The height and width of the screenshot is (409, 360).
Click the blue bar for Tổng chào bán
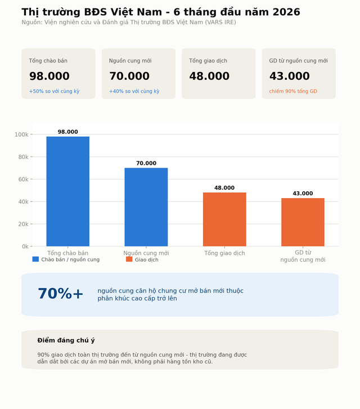coord(68,191)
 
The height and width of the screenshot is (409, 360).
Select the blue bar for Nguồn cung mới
coord(146,207)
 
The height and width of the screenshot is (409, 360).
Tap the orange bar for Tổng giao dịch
coord(224,219)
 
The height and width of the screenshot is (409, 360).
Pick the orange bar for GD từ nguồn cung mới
coord(303,222)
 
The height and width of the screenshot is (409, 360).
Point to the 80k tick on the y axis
coord(31,157)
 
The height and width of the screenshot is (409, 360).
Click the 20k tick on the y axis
coord(31,224)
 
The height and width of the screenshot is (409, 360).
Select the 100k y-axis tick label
coord(21,134)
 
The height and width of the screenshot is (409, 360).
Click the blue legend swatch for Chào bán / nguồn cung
coord(35,259)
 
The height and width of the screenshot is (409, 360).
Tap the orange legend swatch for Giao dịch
coord(129,259)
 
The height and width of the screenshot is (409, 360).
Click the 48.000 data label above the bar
coord(224,188)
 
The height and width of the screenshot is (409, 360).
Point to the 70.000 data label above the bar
coord(146,163)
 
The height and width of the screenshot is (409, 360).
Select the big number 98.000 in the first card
coord(49,76)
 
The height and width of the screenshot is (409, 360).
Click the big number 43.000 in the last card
coord(290,76)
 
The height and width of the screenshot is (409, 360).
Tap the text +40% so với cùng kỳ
coord(134,91)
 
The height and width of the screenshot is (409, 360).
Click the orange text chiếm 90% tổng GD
coord(293,91)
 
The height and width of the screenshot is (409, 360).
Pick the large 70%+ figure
coord(61,294)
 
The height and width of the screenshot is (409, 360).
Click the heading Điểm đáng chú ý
coord(66,340)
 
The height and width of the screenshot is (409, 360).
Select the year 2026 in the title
coord(286,12)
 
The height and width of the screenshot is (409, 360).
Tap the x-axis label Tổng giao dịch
coord(224,253)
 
